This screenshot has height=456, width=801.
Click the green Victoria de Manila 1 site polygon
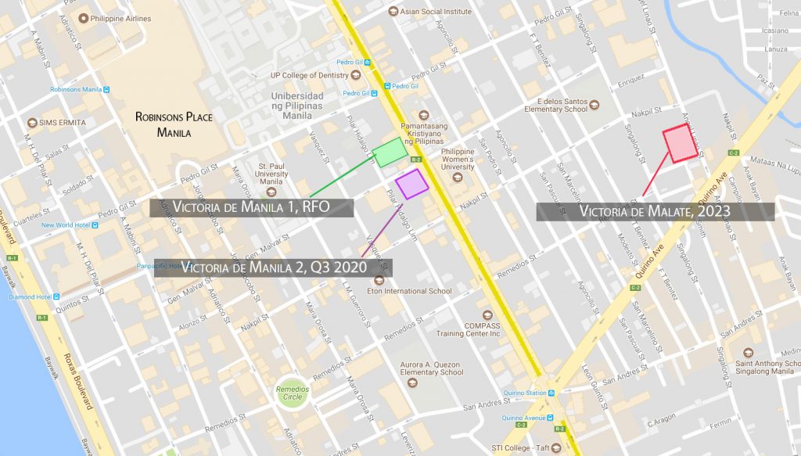(389, 152)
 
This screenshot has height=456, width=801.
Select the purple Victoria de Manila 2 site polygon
(411, 184)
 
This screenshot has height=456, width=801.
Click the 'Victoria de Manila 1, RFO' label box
(252, 207)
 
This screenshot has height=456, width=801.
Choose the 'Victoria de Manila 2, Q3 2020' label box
(272, 267)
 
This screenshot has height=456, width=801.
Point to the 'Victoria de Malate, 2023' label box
(655, 210)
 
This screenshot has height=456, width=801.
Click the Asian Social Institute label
(436, 12)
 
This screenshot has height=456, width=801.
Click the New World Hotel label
(66, 225)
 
